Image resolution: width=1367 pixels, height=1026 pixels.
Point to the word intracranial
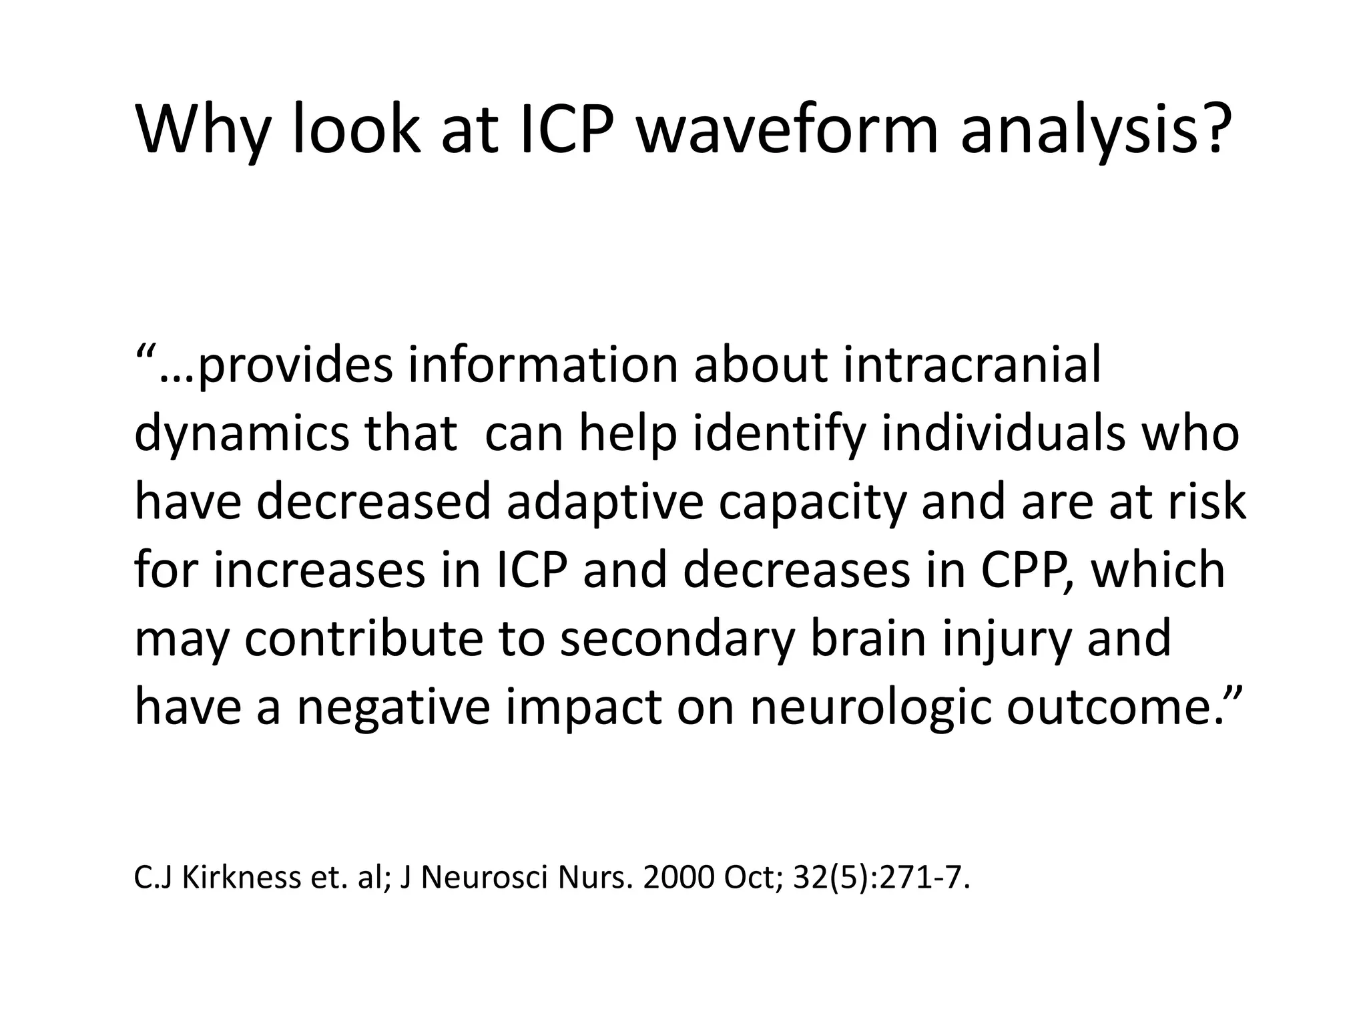click(971, 365)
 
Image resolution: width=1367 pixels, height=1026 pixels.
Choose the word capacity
click(812, 502)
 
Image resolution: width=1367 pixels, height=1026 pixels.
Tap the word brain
click(868, 639)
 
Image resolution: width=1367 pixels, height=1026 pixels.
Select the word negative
click(394, 707)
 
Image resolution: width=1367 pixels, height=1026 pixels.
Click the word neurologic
click(871, 707)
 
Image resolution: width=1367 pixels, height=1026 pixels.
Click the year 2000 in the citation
click(678, 877)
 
